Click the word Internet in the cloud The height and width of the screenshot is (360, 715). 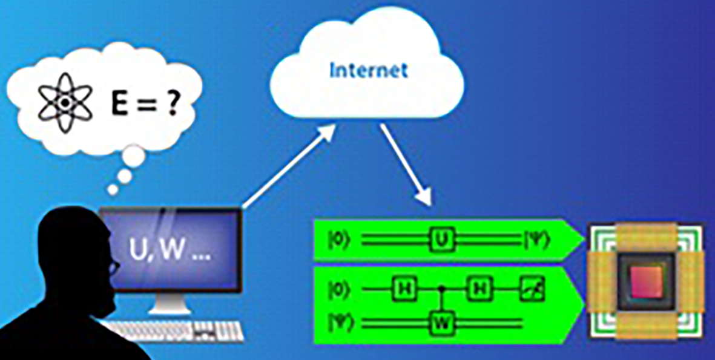[368, 70]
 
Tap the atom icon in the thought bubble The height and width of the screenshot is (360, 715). [64, 103]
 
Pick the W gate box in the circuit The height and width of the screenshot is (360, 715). [443, 324]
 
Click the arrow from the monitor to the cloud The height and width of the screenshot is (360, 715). [288, 166]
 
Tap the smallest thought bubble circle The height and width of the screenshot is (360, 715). [113, 189]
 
